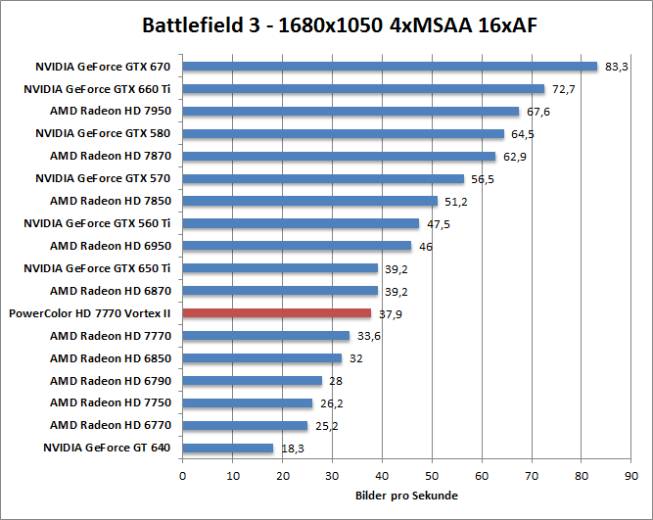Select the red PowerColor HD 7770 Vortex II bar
(277, 313)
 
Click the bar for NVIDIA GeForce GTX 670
(390, 67)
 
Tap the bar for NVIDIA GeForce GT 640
(228, 448)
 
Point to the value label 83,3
(617, 67)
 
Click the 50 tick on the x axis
(432, 475)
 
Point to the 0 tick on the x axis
(183, 475)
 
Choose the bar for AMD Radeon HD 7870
(339, 156)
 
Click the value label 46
(426, 246)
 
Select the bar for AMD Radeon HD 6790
(253, 381)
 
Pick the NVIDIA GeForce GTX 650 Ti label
(103, 268)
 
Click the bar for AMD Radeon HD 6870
(280, 291)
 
